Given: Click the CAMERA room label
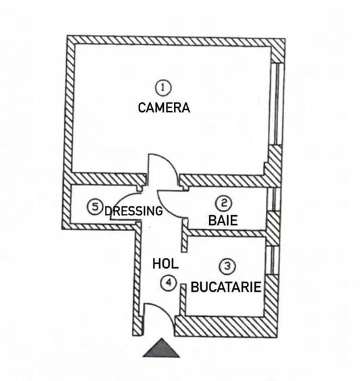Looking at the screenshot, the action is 164,108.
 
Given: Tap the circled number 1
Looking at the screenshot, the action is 163,87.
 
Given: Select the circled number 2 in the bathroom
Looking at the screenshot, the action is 223,203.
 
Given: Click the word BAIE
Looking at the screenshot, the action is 223,221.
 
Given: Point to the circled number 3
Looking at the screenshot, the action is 227,267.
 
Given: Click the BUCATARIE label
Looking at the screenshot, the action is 226,287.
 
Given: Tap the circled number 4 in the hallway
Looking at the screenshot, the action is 168,283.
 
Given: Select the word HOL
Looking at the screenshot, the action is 165,264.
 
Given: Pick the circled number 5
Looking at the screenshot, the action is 95,207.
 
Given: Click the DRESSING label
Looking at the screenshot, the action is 133,211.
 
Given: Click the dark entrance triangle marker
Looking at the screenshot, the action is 161,348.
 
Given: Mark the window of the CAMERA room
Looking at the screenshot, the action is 277,104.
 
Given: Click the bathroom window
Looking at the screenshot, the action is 273,199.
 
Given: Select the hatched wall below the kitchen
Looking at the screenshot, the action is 226,327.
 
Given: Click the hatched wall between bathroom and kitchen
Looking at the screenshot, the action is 227,233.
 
